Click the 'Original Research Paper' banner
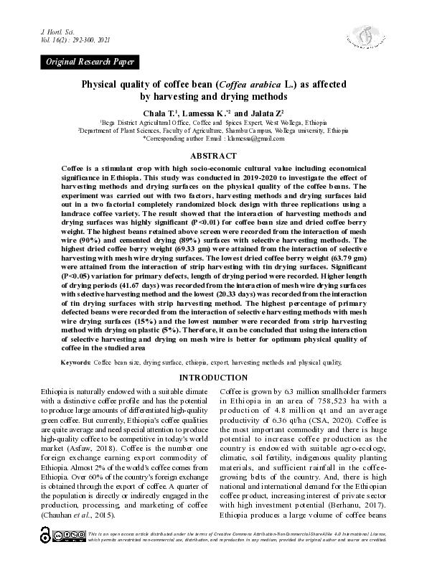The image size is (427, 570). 90,63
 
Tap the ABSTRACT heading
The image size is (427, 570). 212,156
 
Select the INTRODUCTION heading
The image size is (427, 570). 213,378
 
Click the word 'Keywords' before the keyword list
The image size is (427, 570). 75,363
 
